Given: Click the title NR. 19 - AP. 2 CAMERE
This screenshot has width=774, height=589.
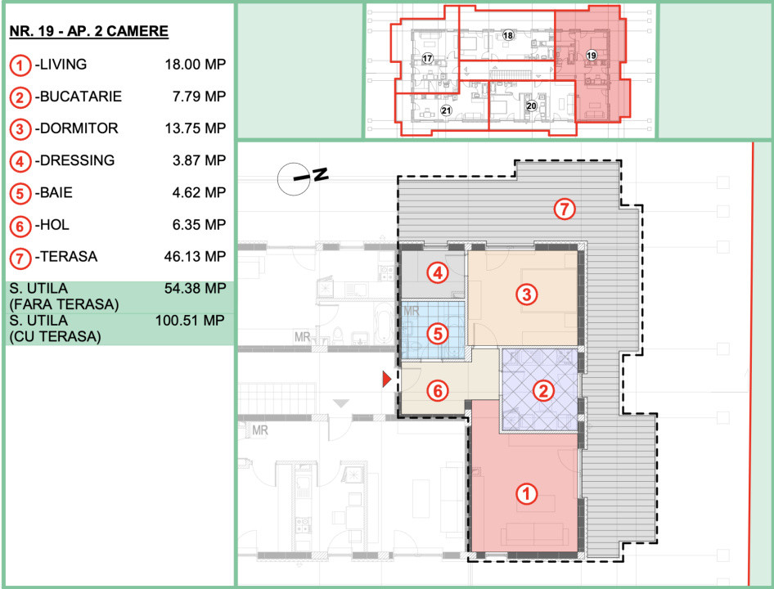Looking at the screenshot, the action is [89, 31].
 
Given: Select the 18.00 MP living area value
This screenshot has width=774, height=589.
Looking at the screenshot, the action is [196, 64].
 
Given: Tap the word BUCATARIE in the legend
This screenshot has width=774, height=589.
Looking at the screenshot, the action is [81, 97].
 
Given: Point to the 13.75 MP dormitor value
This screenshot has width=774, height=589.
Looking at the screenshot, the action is [196, 128].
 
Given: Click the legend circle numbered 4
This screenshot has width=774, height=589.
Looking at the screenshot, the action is [20, 161].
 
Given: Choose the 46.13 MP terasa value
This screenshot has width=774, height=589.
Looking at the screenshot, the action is [195, 256].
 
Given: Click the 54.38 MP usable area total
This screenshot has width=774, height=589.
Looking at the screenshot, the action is [195, 288].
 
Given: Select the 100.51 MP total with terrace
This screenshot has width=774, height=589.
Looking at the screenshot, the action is [190, 321].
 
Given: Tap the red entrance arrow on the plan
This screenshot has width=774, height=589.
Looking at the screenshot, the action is [387, 380].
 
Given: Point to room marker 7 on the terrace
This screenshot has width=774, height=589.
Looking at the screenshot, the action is [565, 209].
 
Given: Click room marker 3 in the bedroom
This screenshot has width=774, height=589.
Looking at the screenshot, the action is [527, 294].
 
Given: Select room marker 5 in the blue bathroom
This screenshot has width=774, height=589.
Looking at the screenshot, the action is [438, 334].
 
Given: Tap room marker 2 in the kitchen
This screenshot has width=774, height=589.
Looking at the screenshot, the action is [543, 391].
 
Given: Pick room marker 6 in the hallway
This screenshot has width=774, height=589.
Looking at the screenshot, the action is [438, 391].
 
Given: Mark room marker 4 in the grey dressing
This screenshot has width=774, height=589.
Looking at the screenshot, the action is [438, 272].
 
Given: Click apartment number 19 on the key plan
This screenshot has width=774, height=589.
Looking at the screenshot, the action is [591, 56].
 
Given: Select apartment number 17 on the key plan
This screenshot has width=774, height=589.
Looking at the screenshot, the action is [427, 58].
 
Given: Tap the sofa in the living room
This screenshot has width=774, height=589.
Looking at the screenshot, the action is [533, 534].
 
